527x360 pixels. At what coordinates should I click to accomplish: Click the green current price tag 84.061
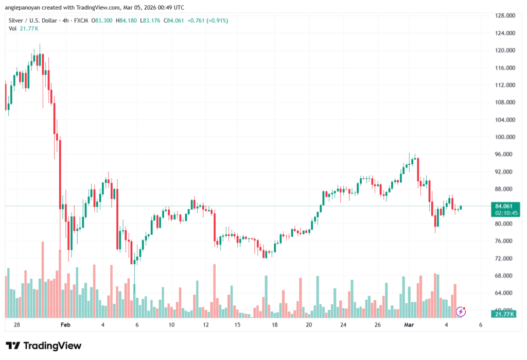click(x=505, y=207)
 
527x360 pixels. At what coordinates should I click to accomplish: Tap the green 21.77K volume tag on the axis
click(x=505, y=314)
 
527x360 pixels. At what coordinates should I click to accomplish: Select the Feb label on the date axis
click(x=65, y=325)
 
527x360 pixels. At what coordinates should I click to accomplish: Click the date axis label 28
click(x=16, y=325)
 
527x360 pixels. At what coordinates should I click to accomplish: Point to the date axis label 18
click(x=275, y=325)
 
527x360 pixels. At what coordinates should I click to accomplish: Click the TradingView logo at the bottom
click(x=43, y=346)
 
